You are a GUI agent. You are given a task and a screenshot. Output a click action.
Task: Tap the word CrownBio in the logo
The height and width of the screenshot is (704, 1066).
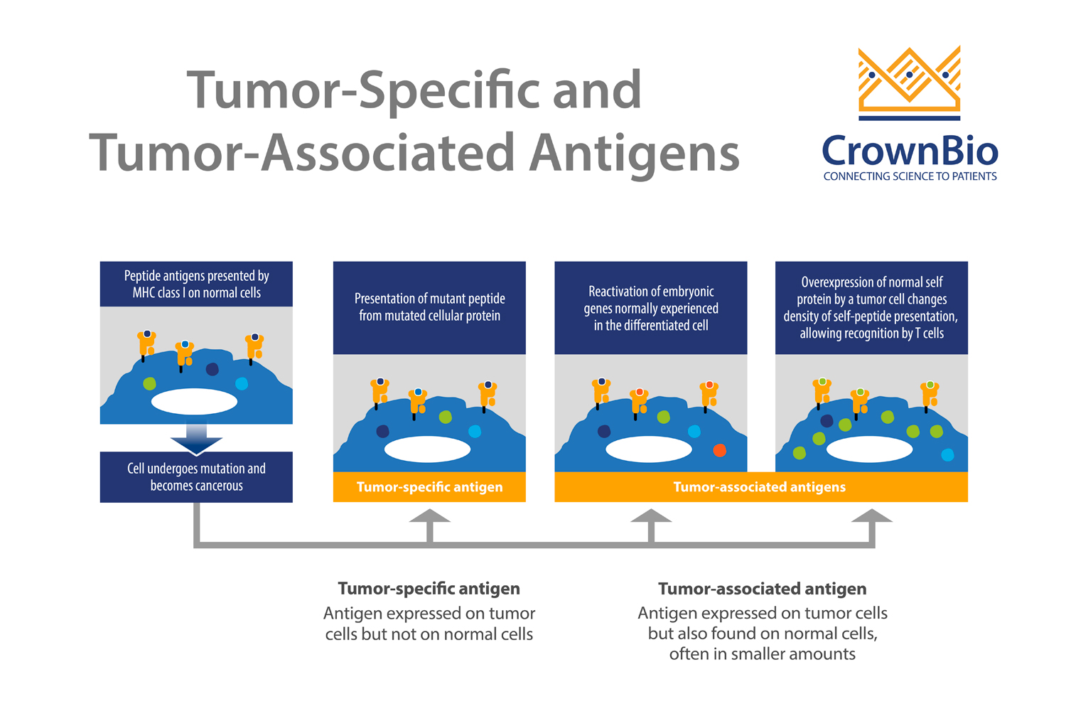[x=910, y=151]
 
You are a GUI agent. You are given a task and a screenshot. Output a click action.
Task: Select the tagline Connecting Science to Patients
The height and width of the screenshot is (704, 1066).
[x=910, y=176]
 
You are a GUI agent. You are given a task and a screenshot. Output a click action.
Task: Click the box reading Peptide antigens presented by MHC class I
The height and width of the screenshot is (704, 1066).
[x=196, y=284]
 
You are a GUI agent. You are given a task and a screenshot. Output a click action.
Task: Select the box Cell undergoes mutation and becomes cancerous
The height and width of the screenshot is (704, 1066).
[x=196, y=477]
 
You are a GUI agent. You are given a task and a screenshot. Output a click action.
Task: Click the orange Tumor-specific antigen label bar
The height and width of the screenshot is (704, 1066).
[x=429, y=487]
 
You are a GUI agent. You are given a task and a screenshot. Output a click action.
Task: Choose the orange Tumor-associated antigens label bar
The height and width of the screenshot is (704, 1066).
[x=760, y=487]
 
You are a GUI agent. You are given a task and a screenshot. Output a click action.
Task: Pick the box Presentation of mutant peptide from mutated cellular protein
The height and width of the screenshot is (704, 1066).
[x=429, y=307]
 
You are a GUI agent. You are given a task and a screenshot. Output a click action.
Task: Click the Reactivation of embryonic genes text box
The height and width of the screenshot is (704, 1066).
[x=650, y=308]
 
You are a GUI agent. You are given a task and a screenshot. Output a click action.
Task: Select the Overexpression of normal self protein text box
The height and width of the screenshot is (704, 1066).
[x=871, y=308]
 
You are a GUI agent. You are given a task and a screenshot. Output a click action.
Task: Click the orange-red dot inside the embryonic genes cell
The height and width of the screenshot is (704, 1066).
[x=719, y=450]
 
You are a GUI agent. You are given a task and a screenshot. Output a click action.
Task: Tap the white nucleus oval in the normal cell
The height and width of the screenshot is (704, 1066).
[x=194, y=402]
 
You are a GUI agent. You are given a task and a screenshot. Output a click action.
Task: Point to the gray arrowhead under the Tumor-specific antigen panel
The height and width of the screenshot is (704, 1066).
[x=429, y=518]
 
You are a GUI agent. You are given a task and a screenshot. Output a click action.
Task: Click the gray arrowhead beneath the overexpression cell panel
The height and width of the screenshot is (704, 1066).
[x=871, y=518]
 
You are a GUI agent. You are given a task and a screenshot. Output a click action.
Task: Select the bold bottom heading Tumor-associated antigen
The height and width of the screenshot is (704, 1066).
[x=762, y=589]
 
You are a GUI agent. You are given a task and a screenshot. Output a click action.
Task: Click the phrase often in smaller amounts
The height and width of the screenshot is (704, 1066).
[x=762, y=654]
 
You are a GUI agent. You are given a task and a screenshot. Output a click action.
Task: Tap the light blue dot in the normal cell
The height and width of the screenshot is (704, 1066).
[x=242, y=384]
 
